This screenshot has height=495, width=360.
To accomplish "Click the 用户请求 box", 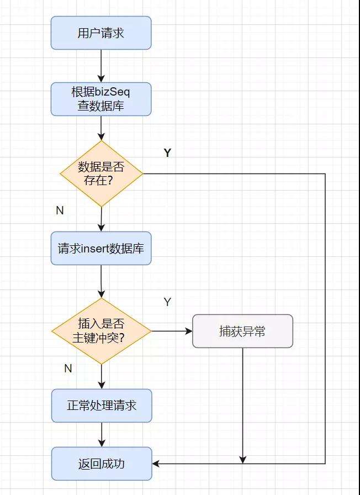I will click(x=101, y=33).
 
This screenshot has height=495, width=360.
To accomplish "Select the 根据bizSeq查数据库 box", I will click(x=101, y=99).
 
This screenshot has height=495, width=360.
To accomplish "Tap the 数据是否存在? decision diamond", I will click(x=102, y=173).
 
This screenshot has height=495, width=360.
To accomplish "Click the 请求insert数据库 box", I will click(x=101, y=248).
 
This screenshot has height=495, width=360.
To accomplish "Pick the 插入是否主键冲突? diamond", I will click(x=102, y=331).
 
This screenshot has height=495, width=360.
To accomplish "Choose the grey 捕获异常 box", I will click(x=242, y=331).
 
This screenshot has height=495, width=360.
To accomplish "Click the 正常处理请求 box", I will click(x=102, y=406).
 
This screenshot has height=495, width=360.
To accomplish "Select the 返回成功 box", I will click(x=102, y=464).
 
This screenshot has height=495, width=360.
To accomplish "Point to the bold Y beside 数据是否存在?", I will click(x=167, y=153).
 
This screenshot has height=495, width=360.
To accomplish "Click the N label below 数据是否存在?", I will click(x=60, y=210).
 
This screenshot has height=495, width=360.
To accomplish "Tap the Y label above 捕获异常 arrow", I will click(x=167, y=302).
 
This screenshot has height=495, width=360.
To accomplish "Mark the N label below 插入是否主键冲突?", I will click(x=68, y=368).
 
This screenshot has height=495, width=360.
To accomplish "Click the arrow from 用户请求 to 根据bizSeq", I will click(x=101, y=66).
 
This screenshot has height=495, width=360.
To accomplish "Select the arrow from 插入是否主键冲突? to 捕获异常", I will click(x=172, y=331).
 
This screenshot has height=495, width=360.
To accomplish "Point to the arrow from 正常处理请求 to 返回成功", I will click(x=102, y=434).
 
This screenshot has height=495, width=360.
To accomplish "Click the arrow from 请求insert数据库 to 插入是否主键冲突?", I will click(x=102, y=281).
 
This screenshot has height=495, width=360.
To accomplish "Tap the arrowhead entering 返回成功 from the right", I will click(x=156, y=464).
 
